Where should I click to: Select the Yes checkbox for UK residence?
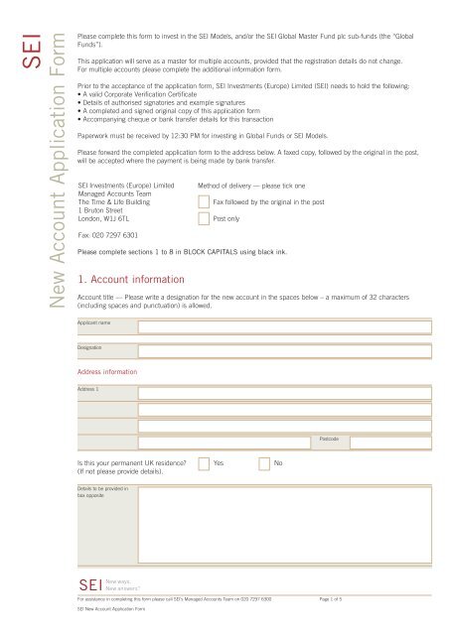[x=204, y=463]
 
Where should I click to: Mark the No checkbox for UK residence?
[x=264, y=463]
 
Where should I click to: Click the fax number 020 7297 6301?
[x=110, y=234]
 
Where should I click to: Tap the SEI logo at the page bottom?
[x=90, y=583]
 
